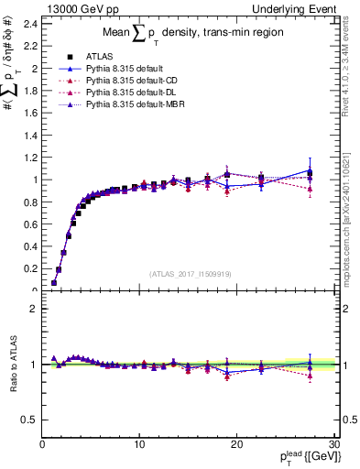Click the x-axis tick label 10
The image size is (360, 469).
139,444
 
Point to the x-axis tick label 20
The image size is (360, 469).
236,444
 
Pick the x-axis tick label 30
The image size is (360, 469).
333,444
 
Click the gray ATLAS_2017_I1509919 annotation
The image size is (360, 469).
190,274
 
